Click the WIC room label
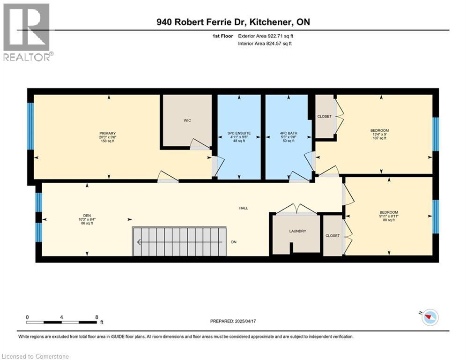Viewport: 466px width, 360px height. pos(187,120)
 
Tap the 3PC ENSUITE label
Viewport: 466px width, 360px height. pos(239,133)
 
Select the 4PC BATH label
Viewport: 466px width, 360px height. pos(288,133)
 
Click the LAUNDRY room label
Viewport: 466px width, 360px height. pos(297,231)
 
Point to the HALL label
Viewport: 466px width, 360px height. pos(244,208)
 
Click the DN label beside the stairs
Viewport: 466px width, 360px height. pos(234,242)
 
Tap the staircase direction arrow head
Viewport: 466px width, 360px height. pos(139,242)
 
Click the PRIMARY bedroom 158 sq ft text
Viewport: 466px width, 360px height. pos(108,141)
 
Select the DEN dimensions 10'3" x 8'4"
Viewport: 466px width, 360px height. pos(87,219)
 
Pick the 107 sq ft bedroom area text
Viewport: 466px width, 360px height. pos(379,138)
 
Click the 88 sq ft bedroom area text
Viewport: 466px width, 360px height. pos(389,220)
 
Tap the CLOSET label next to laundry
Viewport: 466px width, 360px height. pos(333,236)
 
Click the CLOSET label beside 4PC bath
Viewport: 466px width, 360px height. pos(324,116)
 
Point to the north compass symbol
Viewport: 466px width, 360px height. pos(430,317)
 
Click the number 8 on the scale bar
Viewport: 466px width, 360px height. pos(96,317)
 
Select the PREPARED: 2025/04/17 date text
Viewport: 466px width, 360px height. pos(233,321)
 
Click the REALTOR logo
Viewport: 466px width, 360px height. pos(27,32)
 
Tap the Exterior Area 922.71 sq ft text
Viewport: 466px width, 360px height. pos(266,36)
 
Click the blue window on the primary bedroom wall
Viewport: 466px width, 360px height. pos(30,126)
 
